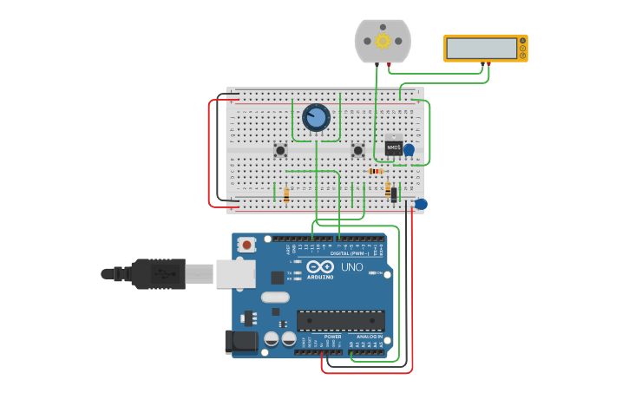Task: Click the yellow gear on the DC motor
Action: pos(382,41)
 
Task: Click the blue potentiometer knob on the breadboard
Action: pos(316,117)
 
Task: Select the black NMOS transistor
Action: pos(393,148)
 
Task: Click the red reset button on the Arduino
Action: pos(247,245)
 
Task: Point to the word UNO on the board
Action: pos(352,267)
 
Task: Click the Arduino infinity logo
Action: pos(319,267)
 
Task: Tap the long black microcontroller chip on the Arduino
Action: pos(340,320)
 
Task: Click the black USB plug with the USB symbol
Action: pos(156,273)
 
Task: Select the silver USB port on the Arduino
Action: pos(234,273)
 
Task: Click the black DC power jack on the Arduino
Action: pos(242,342)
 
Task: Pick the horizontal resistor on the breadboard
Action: pos(376,171)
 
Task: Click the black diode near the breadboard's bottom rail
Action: pos(394,194)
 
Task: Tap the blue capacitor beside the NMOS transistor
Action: pos(409,150)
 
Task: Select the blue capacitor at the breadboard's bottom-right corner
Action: pos(421,204)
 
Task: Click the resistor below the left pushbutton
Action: pos(286,195)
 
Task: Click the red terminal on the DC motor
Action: pos(389,65)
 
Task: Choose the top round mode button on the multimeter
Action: pos(522,40)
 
